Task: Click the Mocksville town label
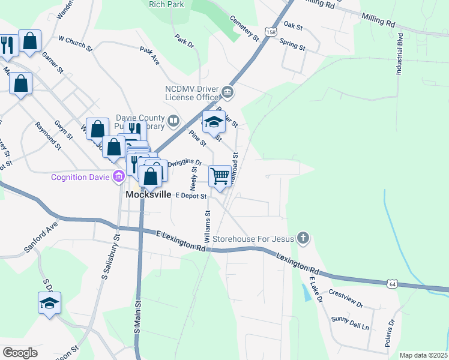148,195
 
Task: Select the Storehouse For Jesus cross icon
304,238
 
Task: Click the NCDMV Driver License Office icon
228,92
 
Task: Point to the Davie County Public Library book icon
173,121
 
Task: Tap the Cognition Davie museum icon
118,176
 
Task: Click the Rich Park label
166,4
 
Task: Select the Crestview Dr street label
346,300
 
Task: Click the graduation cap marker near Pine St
214,122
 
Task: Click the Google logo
20,352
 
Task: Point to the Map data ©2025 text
423,355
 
